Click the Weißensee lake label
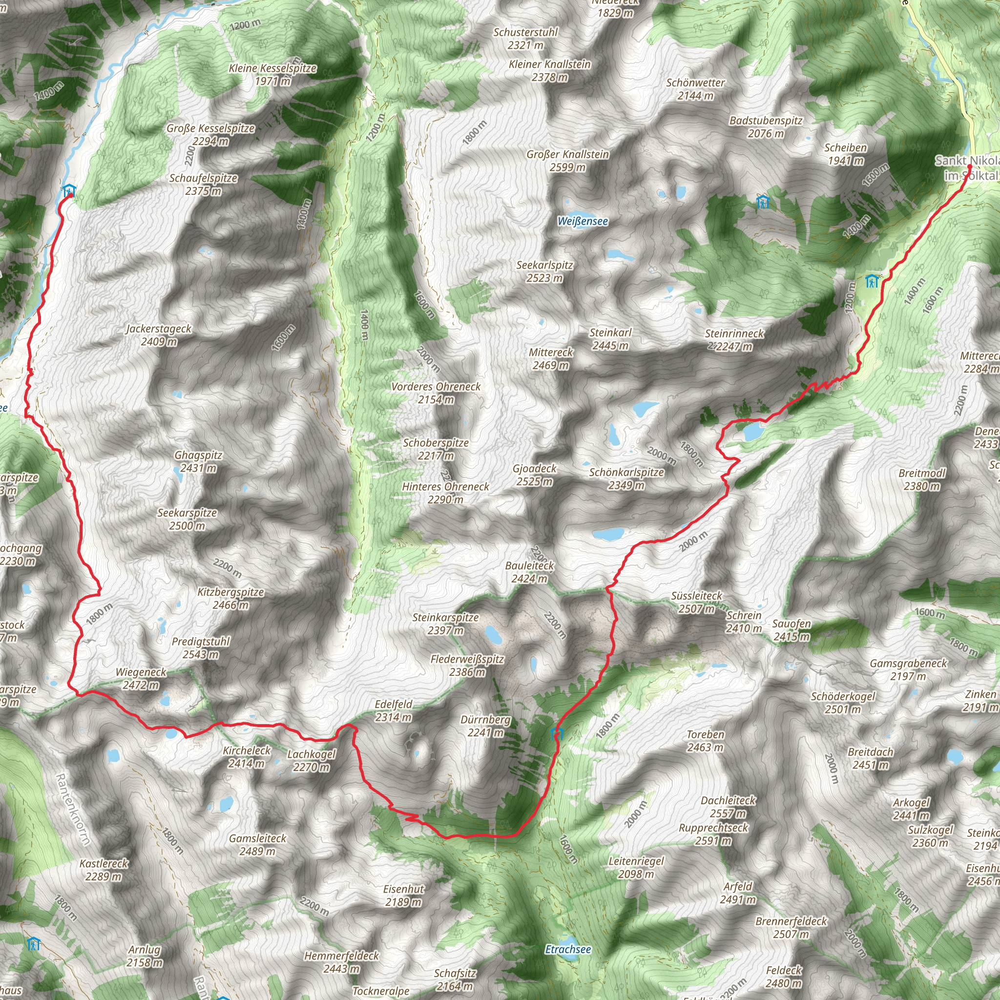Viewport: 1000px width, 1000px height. pyautogui.click(x=583, y=221)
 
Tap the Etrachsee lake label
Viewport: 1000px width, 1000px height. pyautogui.click(x=568, y=949)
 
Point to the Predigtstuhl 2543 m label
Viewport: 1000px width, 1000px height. pyautogui.click(x=201, y=648)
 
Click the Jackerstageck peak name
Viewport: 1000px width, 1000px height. pyautogui.click(x=158, y=329)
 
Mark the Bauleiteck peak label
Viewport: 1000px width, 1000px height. pyautogui.click(x=529, y=566)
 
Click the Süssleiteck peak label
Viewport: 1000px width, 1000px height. pyautogui.click(x=696, y=596)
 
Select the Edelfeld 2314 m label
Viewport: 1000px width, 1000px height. pyautogui.click(x=394, y=710)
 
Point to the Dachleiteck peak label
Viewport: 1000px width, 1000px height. pyautogui.click(x=728, y=800)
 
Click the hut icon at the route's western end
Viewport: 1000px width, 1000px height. pyautogui.click(x=68, y=190)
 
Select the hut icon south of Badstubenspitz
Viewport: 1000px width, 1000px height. pyautogui.click(x=762, y=201)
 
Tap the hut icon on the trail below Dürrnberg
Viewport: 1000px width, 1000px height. pyautogui.click(x=557, y=733)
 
